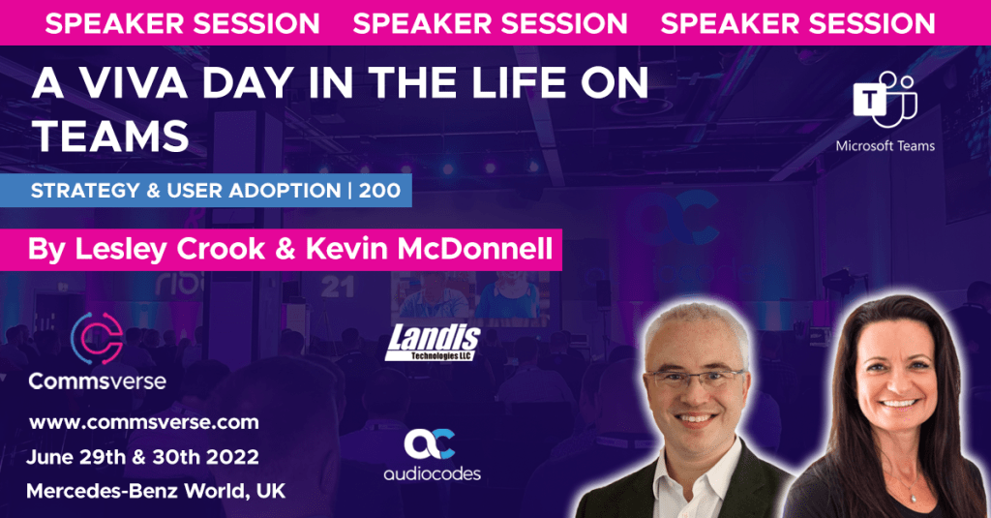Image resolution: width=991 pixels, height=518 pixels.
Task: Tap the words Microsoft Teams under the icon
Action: pos(885,146)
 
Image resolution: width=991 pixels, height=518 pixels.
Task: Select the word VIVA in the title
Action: pos(134,83)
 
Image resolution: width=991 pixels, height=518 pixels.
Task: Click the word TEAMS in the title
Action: pos(110,136)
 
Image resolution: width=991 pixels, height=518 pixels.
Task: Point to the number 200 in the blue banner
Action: pos(379,191)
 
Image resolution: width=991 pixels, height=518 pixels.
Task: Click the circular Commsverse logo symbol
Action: pos(97,338)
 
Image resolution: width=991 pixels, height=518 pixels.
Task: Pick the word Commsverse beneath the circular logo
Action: pos(98,381)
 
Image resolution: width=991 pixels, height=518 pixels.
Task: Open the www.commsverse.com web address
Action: pos(144,422)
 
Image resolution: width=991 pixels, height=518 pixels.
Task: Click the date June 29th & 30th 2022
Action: pos(143,457)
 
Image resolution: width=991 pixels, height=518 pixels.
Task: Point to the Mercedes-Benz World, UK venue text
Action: pos(156,491)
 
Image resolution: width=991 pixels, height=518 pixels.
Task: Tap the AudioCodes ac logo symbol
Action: pos(430,444)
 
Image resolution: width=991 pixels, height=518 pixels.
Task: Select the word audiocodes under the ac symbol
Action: pos(433,473)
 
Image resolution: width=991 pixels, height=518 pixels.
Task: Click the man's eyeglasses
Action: pos(694,379)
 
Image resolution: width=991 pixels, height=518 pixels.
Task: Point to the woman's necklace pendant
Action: pos(913,498)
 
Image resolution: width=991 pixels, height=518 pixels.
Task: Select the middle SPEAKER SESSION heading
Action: pos(490,23)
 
